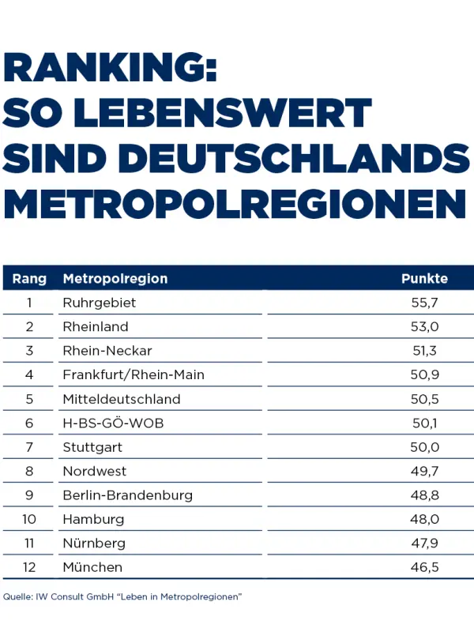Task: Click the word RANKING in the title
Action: (x=110, y=69)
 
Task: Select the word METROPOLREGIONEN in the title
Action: (x=235, y=204)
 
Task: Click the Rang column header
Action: (x=29, y=279)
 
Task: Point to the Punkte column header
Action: (x=424, y=279)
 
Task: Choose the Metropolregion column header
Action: (x=115, y=279)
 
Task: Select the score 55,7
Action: (x=424, y=303)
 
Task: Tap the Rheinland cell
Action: (x=95, y=326)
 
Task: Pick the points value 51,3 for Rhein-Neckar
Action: (x=424, y=351)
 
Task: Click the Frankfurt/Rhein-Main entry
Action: (x=133, y=374)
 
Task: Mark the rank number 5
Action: (x=29, y=399)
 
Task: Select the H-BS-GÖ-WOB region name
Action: (x=113, y=423)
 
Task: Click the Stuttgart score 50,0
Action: (x=424, y=447)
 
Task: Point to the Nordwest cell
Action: (x=94, y=472)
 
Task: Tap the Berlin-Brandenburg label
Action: (x=127, y=495)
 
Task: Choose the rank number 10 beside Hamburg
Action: (x=29, y=520)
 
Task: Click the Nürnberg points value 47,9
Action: (x=424, y=544)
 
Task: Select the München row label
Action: (x=92, y=567)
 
